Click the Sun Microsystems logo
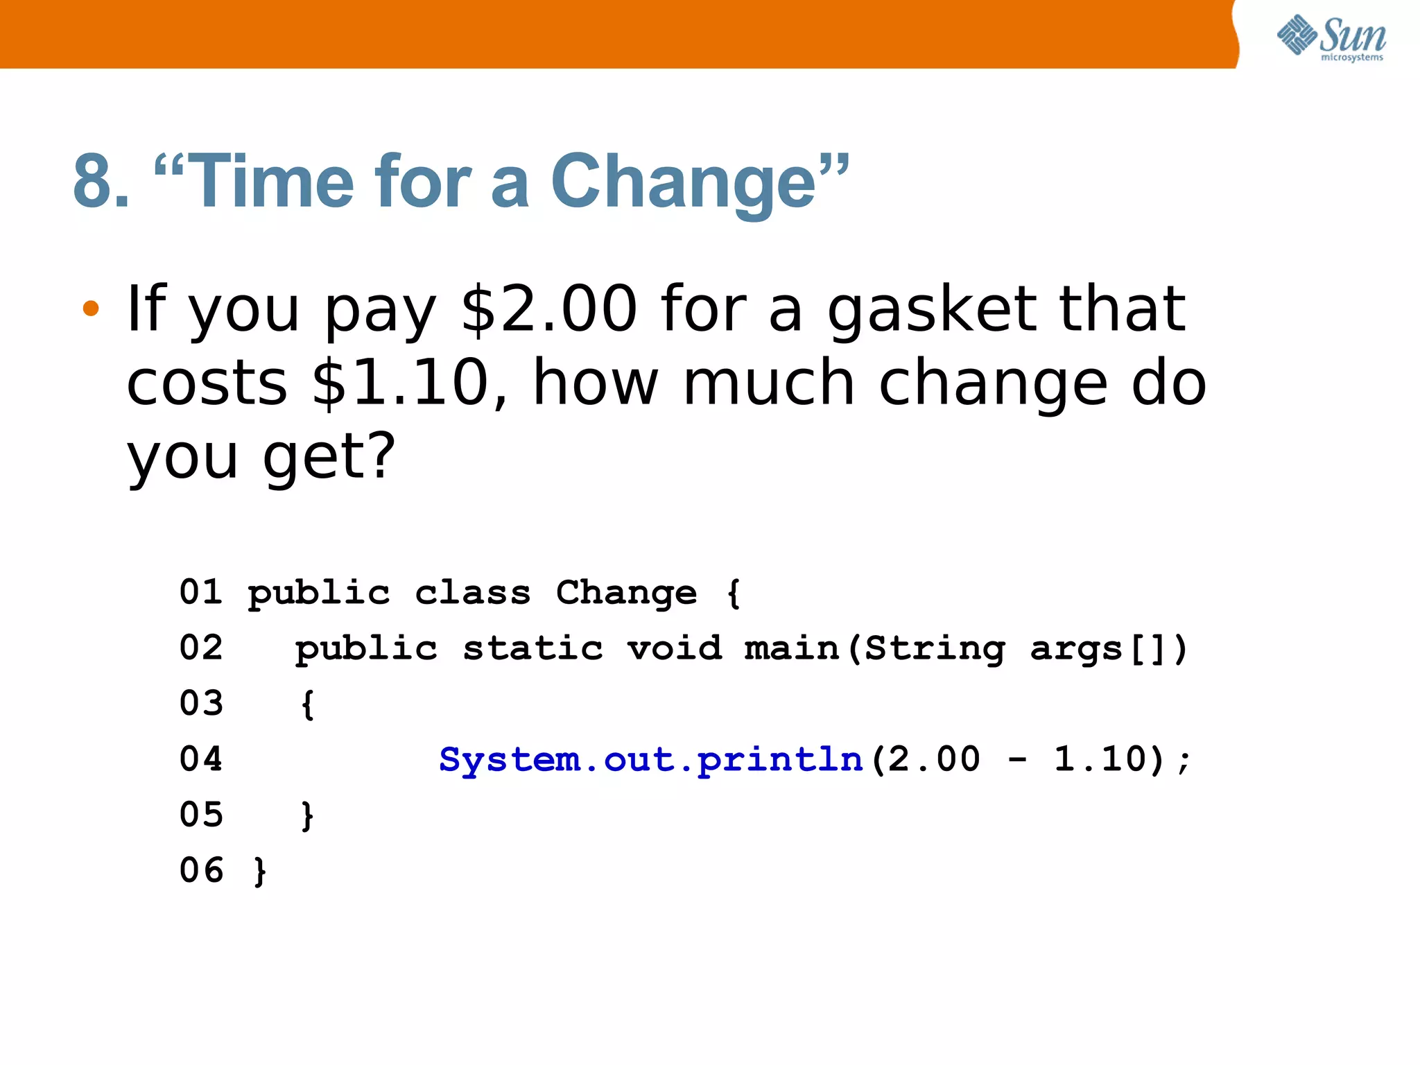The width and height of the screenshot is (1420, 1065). pyautogui.click(x=1331, y=37)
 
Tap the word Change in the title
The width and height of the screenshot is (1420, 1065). pyautogui.click(x=684, y=182)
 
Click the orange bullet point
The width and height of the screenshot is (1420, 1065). pyautogui.click(x=91, y=308)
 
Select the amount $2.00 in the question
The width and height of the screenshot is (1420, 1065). pyautogui.click(x=548, y=309)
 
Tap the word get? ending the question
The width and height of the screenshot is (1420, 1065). pyautogui.click(x=329, y=458)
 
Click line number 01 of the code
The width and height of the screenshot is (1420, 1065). pyautogui.click(x=201, y=593)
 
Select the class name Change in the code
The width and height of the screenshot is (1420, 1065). pyautogui.click(x=626, y=593)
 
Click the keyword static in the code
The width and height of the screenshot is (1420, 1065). pyautogui.click(x=532, y=649)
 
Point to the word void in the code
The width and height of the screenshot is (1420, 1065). pyautogui.click(x=674, y=649)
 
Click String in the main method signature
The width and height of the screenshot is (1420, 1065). pyautogui.click(x=935, y=649)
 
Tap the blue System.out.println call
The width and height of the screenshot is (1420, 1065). pyautogui.click(x=650, y=760)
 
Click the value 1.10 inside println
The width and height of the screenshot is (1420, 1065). pyautogui.click(x=1100, y=759)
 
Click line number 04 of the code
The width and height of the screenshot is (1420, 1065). pyautogui.click(x=201, y=759)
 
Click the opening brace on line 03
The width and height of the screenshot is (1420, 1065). pyautogui.click(x=307, y=704)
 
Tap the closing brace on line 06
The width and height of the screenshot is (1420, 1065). pyautogui.click(x=260, y=872)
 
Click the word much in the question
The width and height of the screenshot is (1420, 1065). pyautogui.click(x=768, y=383)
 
